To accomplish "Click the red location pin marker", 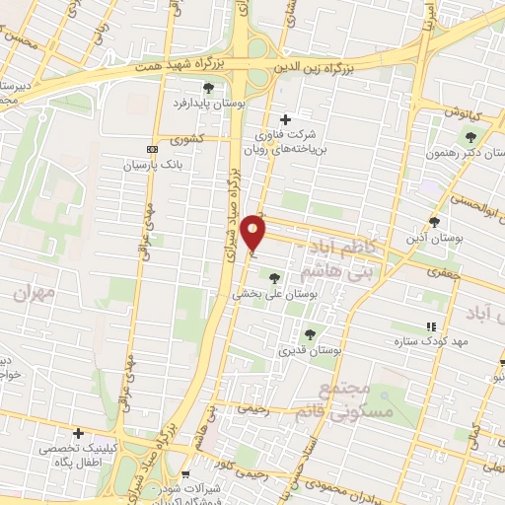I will click(254, 233).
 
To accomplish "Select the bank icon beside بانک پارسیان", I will click(151, 149).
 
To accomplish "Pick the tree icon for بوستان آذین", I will click(434, 221).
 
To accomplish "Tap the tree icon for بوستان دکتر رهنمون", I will click(469, 137).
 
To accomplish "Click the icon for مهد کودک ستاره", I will click(429, 325).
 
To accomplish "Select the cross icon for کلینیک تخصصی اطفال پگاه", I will click(78, 432).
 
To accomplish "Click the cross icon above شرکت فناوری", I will click(286, 119).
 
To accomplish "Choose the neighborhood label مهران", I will click(33, 293).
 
